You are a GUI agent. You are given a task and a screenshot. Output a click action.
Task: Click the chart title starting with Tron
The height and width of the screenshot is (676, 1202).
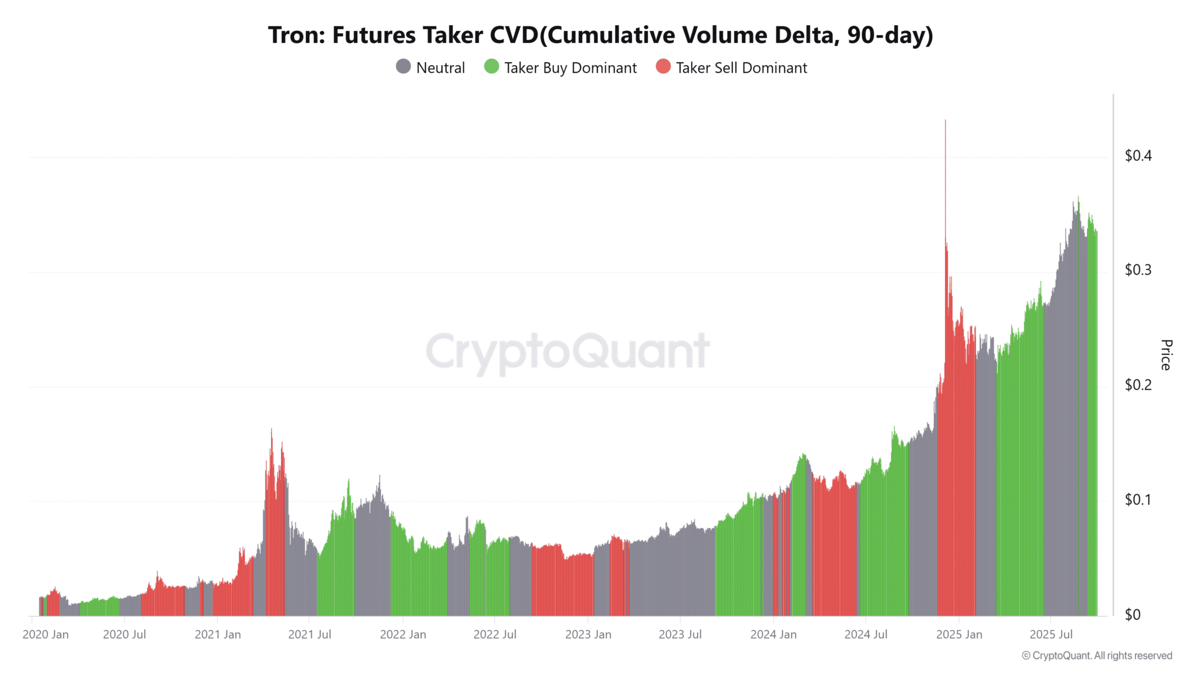click(600, 35)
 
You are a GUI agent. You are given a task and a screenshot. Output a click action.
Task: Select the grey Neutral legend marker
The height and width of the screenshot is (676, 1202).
click(403, 67)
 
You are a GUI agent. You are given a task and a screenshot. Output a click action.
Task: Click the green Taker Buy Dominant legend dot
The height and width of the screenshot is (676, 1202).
click(491, 67)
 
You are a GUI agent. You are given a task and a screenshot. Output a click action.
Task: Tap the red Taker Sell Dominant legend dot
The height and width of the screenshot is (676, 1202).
click(663, 67)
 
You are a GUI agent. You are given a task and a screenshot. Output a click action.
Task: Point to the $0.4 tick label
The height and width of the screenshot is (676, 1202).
click(1138, 156)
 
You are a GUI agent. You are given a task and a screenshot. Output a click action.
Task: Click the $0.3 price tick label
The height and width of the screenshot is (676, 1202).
click(1138, 270)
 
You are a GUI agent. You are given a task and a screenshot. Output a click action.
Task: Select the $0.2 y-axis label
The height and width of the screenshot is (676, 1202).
click(1138, 385)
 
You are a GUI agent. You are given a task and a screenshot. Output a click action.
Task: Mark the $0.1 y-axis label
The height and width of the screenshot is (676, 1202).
click(1138, 499)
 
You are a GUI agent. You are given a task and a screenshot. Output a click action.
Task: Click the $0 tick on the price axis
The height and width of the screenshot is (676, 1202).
click(1132, 614)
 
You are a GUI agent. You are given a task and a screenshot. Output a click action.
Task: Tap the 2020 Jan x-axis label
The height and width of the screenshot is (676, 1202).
click(46, 634)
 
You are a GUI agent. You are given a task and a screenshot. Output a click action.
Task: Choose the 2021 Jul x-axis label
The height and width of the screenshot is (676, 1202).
click(309, 634)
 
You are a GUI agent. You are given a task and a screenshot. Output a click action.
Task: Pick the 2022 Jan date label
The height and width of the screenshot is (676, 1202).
click(403, 634)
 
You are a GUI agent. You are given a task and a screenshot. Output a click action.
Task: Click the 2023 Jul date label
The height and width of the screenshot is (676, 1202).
click(680, 634)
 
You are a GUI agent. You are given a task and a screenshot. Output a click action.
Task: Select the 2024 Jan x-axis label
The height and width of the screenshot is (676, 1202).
click(774, 634)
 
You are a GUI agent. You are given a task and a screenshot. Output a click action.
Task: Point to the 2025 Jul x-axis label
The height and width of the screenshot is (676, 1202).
click(1051, 634)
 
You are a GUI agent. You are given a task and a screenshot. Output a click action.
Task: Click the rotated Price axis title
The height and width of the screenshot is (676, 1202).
click(1166, 354)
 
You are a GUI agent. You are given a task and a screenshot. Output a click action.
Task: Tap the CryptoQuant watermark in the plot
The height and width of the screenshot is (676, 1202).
click(568, 351)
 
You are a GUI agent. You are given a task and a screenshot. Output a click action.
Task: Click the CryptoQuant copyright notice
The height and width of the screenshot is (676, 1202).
click(1097, 655)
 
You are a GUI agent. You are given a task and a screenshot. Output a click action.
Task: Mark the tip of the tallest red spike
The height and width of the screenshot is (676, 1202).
click(946, 121)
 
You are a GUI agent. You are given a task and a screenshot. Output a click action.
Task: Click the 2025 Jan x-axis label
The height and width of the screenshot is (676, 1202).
click(959, 634)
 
